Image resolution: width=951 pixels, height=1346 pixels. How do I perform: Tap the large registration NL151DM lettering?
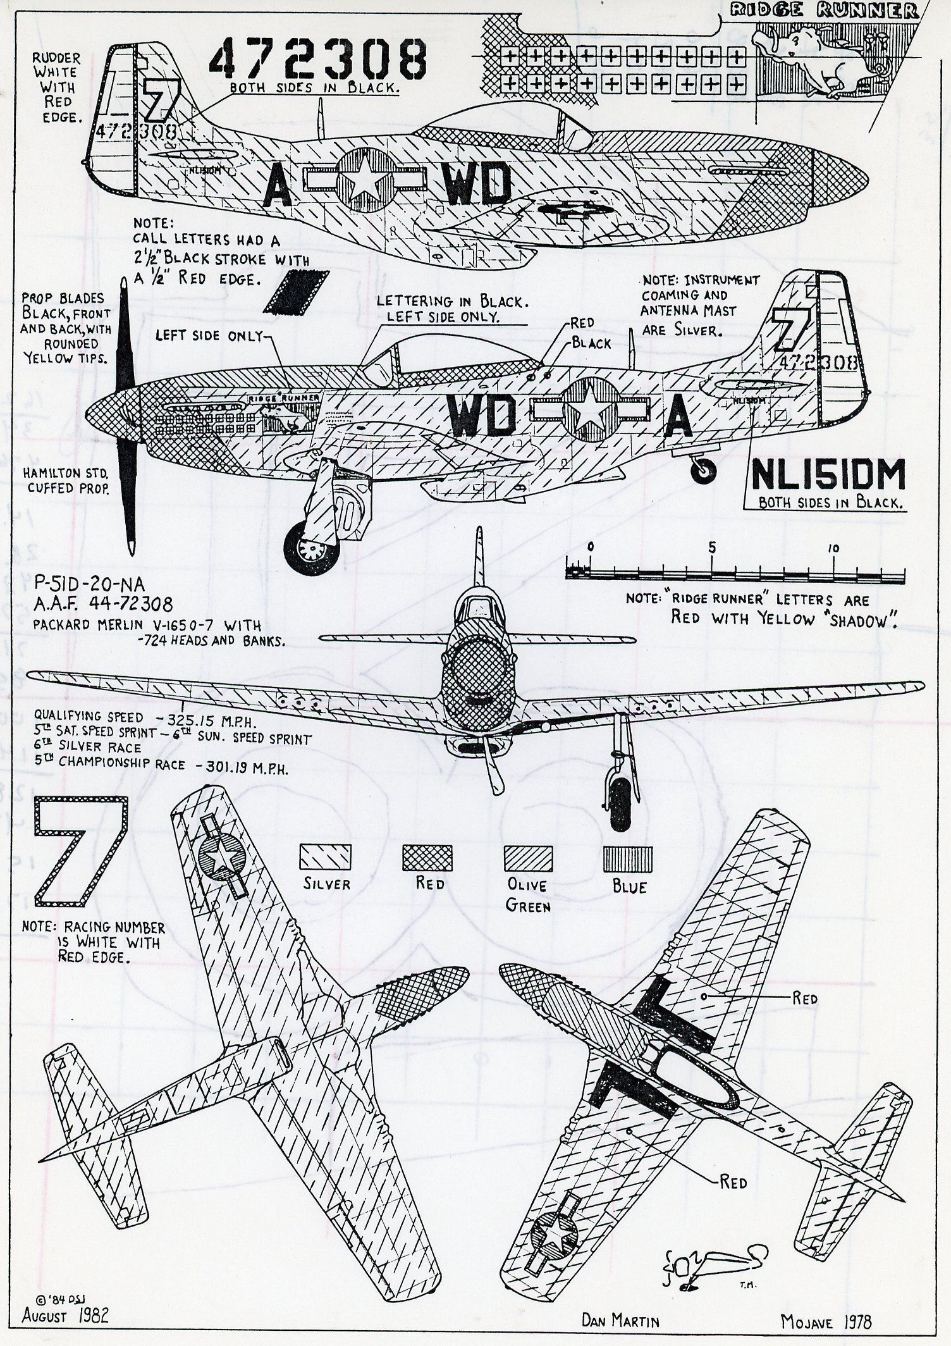(826, 479)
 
